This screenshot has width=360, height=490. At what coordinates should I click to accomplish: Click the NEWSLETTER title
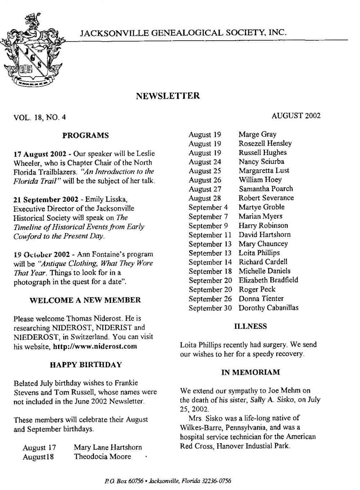click(x=168, y=96)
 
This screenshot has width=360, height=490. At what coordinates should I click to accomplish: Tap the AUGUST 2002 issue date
click(x=296, y=115)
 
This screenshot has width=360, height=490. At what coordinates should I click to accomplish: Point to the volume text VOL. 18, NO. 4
click(x=40, y=117)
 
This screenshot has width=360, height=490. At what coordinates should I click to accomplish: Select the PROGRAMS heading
click(x=85, y=136)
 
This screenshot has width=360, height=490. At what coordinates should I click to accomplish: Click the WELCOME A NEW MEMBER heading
click(x=85, y=300)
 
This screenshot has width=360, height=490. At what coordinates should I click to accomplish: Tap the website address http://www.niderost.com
click(x=95, y=346)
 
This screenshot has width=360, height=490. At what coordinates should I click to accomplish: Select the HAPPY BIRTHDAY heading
click(x=85, y=364)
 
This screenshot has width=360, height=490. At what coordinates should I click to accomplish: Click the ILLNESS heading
click(x=250, y=326)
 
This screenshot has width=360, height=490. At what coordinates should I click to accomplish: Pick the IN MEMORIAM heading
click(x=250, y=372)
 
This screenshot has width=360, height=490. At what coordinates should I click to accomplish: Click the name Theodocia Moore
click(x=102, y=457)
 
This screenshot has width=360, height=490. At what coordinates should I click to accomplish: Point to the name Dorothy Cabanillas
click(x=268, y=308)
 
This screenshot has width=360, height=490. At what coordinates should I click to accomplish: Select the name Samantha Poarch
click(x=266, y=189)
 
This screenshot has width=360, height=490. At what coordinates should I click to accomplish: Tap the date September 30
click(x=210, y=308)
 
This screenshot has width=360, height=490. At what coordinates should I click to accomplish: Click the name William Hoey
click(x=260, y=180)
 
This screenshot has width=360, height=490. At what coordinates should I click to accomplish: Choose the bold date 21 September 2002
click(x=46, y=199)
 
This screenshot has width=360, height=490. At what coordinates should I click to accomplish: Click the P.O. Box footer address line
click(x=168, y=481)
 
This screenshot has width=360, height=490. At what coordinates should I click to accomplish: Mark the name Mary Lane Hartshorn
click(x=108, y=447)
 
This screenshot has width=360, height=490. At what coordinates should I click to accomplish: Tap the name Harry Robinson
click(x=263, y=226)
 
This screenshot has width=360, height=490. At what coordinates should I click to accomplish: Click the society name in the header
click(x=184, y=33)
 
